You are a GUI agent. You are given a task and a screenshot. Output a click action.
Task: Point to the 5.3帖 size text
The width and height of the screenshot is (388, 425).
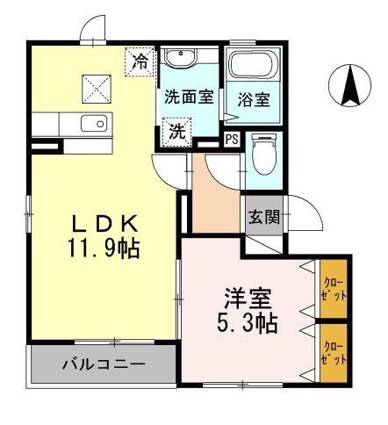[248, 323]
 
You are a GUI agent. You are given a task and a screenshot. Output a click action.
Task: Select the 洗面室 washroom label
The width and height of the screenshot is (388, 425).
[188, 97]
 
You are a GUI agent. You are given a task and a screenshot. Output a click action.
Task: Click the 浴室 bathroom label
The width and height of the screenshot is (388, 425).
[255, 98]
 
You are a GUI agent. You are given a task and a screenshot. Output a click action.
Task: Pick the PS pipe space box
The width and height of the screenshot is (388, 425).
[232, 139]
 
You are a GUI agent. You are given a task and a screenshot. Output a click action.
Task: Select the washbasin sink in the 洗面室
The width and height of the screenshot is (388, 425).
[182, 59]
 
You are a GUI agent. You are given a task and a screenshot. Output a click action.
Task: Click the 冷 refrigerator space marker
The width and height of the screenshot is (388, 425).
[140, 61]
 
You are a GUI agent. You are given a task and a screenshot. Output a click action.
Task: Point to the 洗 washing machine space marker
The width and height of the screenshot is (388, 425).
[177, 133]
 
